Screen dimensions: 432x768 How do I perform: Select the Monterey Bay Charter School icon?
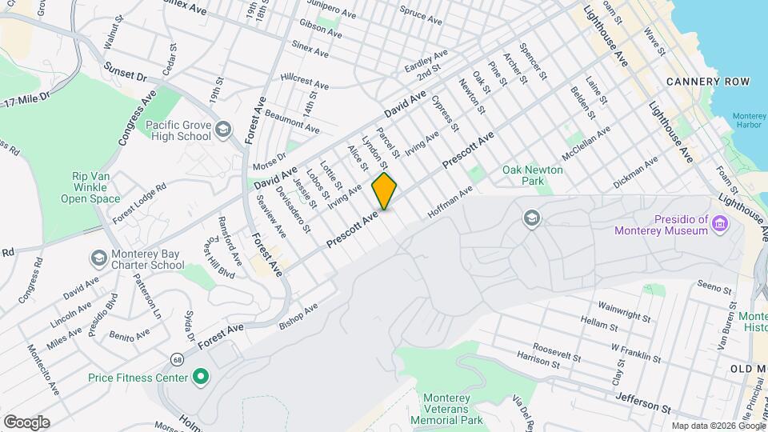point(98,258)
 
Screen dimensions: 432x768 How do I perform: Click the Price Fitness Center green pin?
point(201,374)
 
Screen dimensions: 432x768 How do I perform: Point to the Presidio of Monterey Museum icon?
point(721,224)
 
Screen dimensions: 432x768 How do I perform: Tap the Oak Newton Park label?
point(533,175)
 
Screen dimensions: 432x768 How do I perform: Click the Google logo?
point(26,422)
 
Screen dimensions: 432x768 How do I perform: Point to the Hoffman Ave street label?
point(451,201)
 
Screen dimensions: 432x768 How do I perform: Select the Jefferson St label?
point(642,403)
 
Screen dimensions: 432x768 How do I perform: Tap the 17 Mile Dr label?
point(26,100)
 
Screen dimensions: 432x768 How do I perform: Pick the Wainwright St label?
point(624,311)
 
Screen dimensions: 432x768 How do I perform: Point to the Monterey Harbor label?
point(749,122)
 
